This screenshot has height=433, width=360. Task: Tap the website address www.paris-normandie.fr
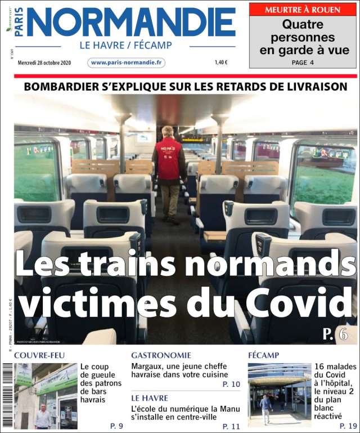[x=127, y=63]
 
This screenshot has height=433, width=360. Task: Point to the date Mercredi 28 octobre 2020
[x=44, y=63]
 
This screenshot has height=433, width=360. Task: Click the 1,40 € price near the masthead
[x=221, y=63]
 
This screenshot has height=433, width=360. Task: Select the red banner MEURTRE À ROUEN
[x=303, y=10]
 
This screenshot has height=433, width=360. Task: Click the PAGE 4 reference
[x=303, y=63]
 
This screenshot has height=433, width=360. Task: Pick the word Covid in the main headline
[x=296, y=303]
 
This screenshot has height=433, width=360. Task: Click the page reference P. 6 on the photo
[x=335, y=334]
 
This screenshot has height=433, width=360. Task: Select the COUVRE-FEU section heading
[x=39, y=355]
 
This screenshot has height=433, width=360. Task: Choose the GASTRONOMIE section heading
[x=161, y=355]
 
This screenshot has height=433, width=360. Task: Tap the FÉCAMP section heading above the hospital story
[x=263, y=355]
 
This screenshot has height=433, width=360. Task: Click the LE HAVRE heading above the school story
[x=150, y=398]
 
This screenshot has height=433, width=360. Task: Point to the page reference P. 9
[x=116, y=426]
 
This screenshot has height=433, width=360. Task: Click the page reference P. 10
[x=231, y=384]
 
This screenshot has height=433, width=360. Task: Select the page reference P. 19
[x=349, y=426]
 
